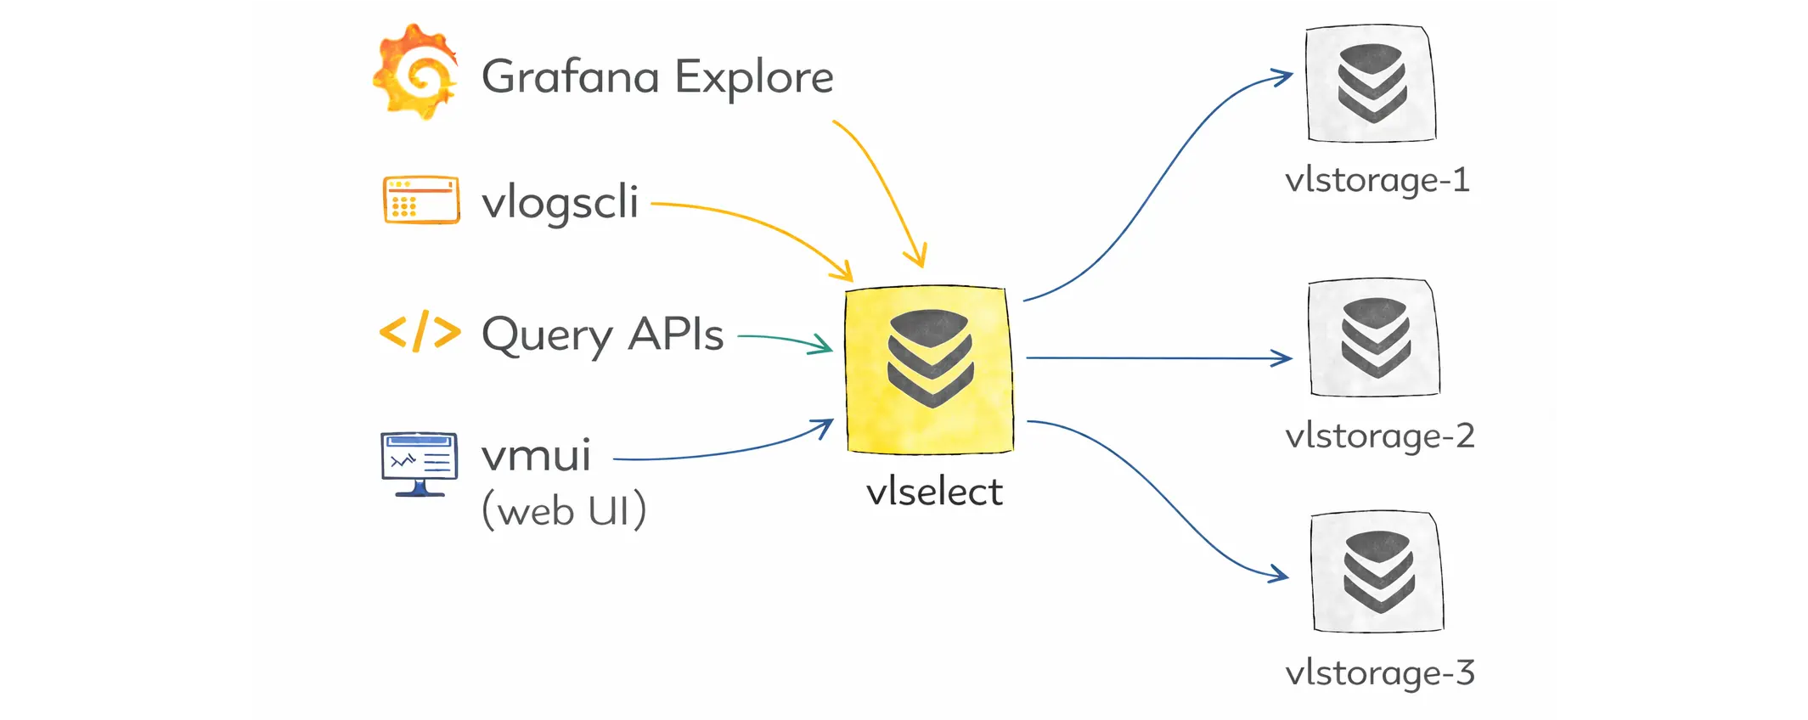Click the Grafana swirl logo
pyautogui.click(x=416, y=72)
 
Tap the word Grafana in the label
pyautogui.click(x=570, y=76)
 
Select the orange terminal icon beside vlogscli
pyautogui.click(x=421, y=200)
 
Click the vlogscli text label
pyautogui.click(x=560, y=202)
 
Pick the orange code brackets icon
pyautogui.click(x=420, y=332)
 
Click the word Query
pyautogui.click(x=546, y=335)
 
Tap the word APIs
pyautogui.click(x=676, y=334)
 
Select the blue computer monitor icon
pyautogui.click(x=420, y=464)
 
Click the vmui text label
pyautogui.click(x=536, y=456)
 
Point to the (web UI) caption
pyautogui.click(x=564, y=511)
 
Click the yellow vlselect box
pyautogui.click(x=930, y=369)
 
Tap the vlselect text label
pyautogui.click(x=934, y=492)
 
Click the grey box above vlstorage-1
pyautogui.click(x=1371, y=83)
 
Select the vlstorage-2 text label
pyautogui.click(x=1379, y=436)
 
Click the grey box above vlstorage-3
pyautogui.click(x=1377, y=571)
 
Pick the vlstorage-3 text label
pyautogui.click(x=1379, y=673)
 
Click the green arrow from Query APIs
pyautogui.click(x=786, y=340)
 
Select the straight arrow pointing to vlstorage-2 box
pyautogui.click(x=1159, y=358)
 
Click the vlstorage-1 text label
pyautogui.click(x=1377, y=181)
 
